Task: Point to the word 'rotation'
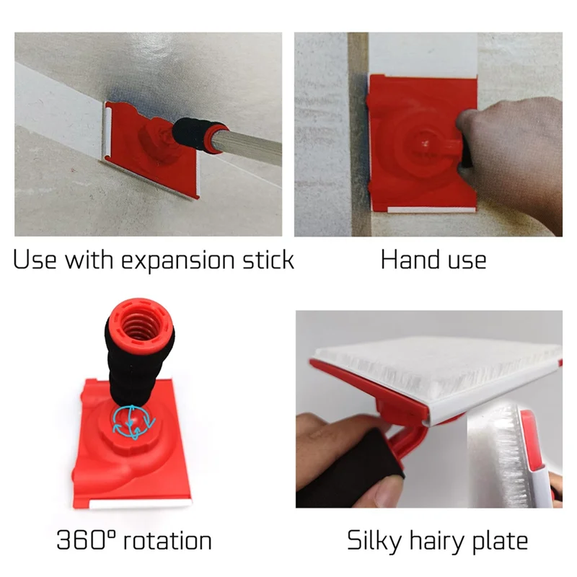click(165, 540)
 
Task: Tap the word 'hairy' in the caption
click(443, 542)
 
